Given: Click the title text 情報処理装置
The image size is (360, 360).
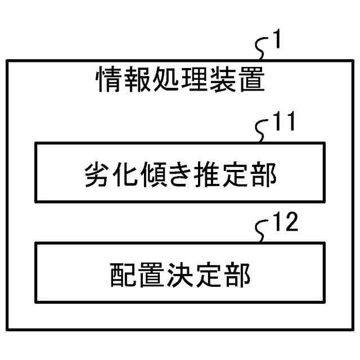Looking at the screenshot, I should tap(180, 81).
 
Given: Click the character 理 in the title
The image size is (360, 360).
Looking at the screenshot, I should tap(194, 81).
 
